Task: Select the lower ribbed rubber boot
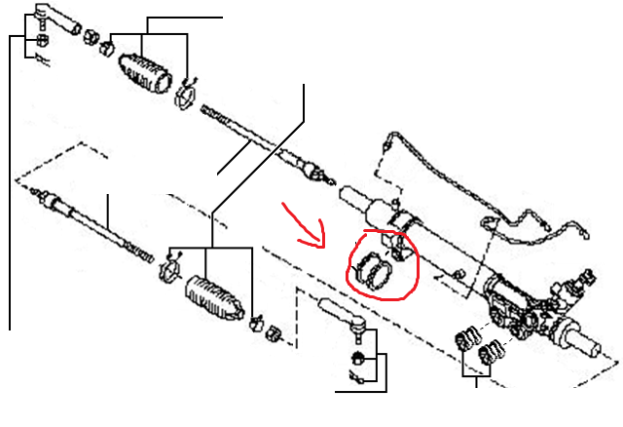coord(212,293)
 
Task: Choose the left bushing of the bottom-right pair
coord(464,344)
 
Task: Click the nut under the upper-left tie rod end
coord(41,42)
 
